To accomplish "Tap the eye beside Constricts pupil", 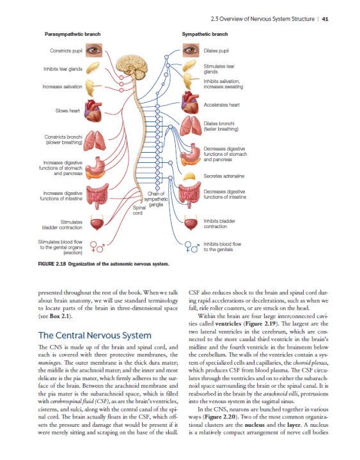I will [x=95, y=50].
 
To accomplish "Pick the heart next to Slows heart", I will [x=95, y=110].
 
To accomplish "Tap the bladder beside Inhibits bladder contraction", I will [x=190, y=223].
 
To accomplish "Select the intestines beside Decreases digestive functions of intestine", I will [x=190, y=194].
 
